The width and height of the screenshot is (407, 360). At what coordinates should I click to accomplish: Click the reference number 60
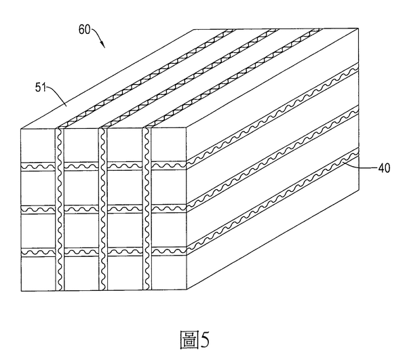click(84, 30)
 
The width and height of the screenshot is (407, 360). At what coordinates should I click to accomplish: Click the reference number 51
click(40, 87)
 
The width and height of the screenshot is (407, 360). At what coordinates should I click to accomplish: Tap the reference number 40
click(384, 168)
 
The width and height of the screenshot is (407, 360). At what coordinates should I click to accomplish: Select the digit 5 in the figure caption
click(205, 340)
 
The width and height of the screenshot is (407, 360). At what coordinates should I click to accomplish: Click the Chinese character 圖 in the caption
click(189, 340)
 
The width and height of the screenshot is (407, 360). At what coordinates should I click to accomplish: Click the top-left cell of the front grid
click(38, 146)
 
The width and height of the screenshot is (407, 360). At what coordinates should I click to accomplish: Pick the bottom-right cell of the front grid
click(169, 273)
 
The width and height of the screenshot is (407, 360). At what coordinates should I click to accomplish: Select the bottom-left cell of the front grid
click(38, 274)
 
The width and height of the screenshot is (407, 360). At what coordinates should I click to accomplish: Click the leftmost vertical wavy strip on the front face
click(60, 209)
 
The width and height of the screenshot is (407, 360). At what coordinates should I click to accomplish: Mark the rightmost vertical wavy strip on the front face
click(147, 209)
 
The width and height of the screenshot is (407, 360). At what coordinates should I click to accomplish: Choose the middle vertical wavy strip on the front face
click(103, 209)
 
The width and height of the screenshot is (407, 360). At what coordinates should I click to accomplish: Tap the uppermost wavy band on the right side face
click(273, 114)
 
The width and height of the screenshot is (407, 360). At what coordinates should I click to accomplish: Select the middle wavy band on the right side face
click(273, 157)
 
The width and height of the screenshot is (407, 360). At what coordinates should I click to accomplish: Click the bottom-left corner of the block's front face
click(21, 290)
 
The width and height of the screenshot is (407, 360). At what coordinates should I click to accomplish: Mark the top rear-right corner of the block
click(358, 28)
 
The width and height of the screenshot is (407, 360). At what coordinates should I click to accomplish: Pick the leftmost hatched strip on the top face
click(145, 79)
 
